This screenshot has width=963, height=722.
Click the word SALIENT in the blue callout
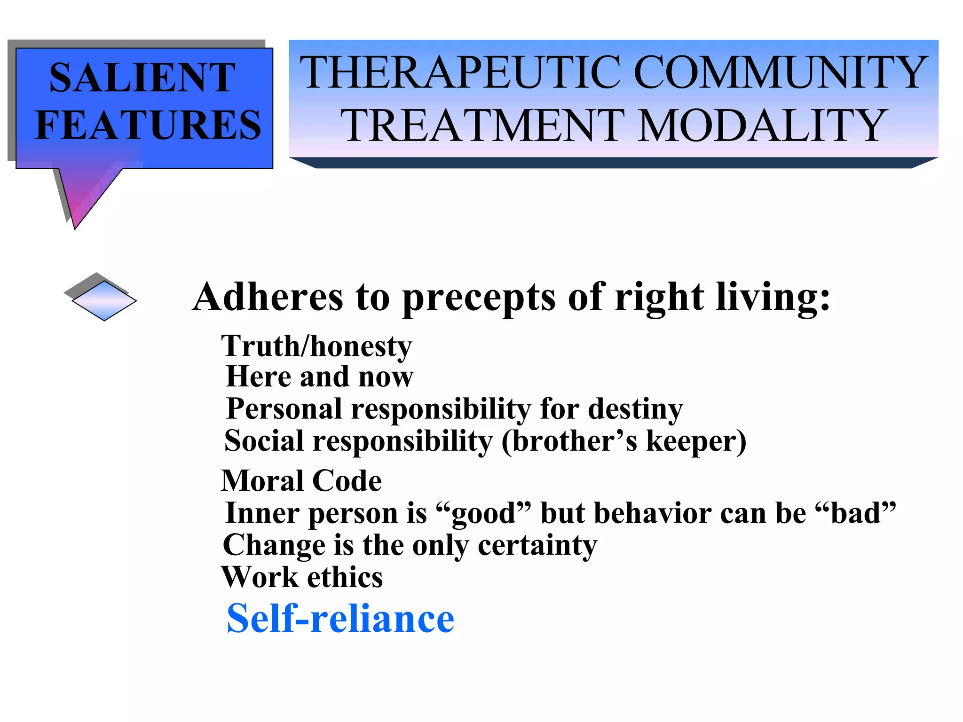pos(142,78)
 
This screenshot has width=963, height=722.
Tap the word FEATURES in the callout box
pos(148,125)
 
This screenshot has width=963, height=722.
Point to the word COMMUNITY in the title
pos(781,73)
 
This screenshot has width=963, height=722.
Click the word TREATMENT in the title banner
pos(482,126)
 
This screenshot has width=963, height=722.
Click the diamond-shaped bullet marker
pos(103,300)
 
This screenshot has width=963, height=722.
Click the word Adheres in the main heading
pos(268,297)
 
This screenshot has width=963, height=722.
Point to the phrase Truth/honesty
pos(316,346)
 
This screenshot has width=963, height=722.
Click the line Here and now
pos(320,377)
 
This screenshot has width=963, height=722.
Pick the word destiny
pos(635,409)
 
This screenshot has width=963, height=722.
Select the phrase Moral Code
pos(301,481)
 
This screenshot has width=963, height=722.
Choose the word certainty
pos(537,545)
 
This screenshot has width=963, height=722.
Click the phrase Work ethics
pos(302,577)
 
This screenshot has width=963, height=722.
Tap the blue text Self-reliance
pos(340,619)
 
